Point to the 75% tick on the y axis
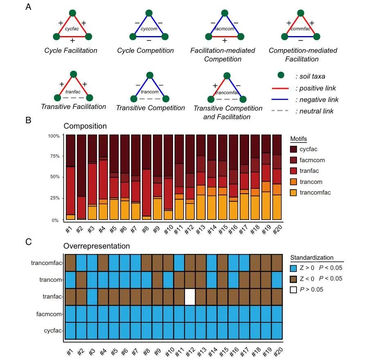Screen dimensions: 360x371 [x=55, y=156]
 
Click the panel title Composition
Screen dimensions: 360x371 [x=85, y=126]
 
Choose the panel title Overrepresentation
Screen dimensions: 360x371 [x=97, y=246]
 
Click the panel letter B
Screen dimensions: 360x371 [x=29, y=120]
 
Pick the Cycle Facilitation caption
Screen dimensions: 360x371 [x=71, y=51]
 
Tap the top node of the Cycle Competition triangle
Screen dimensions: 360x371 [x=149, y=13]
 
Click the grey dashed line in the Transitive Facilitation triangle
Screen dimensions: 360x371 [x=73, y=98]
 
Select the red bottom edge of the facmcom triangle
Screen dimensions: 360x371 [x=224, y=36]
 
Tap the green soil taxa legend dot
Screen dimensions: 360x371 [x=280, y=76]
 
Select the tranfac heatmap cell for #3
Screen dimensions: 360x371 [x=92, y=297]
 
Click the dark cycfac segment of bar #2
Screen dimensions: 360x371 [x=81, y=164]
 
